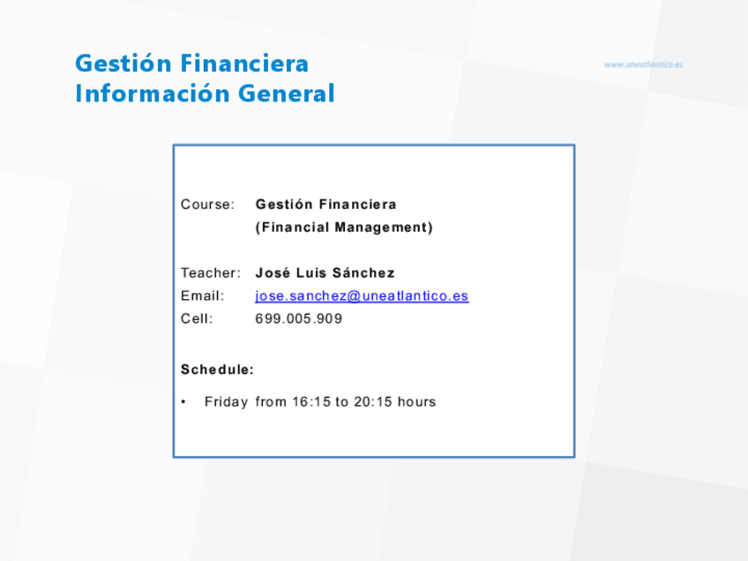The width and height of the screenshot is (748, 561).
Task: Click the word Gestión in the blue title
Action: [123, 64]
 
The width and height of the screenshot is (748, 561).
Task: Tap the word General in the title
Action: [286, 93]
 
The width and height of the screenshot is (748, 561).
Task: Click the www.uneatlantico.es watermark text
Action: [643, 64]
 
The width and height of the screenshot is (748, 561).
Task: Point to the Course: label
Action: [207, 205]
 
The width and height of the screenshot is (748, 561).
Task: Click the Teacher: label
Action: [210, 273]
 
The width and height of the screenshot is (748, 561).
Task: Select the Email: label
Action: [202, 295]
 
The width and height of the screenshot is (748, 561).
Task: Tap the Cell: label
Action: [197, 318]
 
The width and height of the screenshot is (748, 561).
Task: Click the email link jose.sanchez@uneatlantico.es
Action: [362, 296]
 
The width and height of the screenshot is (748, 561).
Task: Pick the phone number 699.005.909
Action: [299, 318]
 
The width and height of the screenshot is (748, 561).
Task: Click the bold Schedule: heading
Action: [217, 370]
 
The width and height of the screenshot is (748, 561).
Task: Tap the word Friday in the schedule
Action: [226, 402]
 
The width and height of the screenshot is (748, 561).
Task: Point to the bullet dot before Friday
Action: [183, 402]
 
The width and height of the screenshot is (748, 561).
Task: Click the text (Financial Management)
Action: [344, 228]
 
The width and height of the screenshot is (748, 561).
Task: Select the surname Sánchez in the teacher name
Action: [363, 273]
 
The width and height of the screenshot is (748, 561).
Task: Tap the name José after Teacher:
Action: [273, 273]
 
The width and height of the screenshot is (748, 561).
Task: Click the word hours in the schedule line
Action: [416, 401]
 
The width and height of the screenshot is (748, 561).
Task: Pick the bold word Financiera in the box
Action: [358, 205]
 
